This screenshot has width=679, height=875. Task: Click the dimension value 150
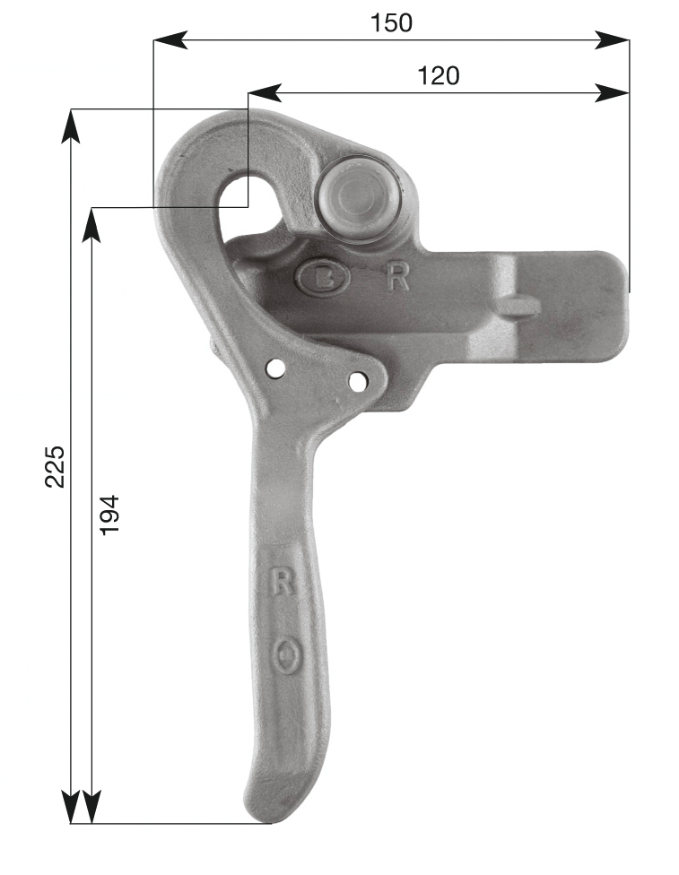tap(391, 23)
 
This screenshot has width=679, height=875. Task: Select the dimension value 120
tap(439, 75)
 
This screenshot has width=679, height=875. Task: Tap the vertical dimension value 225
tap(56, 466)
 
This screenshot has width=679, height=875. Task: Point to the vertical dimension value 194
tap(109, 515)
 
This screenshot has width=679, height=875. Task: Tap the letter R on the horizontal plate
tap(398, 277)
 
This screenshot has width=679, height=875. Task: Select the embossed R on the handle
tap(282, 580)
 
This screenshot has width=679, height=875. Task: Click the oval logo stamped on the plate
tap(323, 277)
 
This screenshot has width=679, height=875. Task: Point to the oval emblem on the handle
tap(289, 656)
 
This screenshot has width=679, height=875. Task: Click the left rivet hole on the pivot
tap(275, 368)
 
